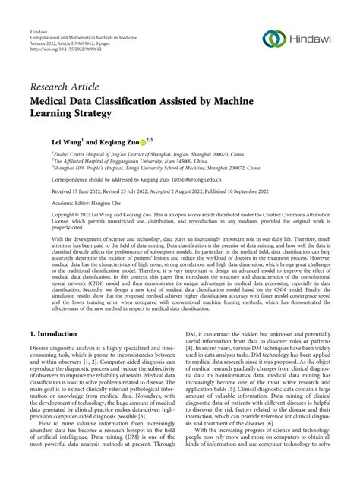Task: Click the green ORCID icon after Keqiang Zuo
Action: tap(142, 141)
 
